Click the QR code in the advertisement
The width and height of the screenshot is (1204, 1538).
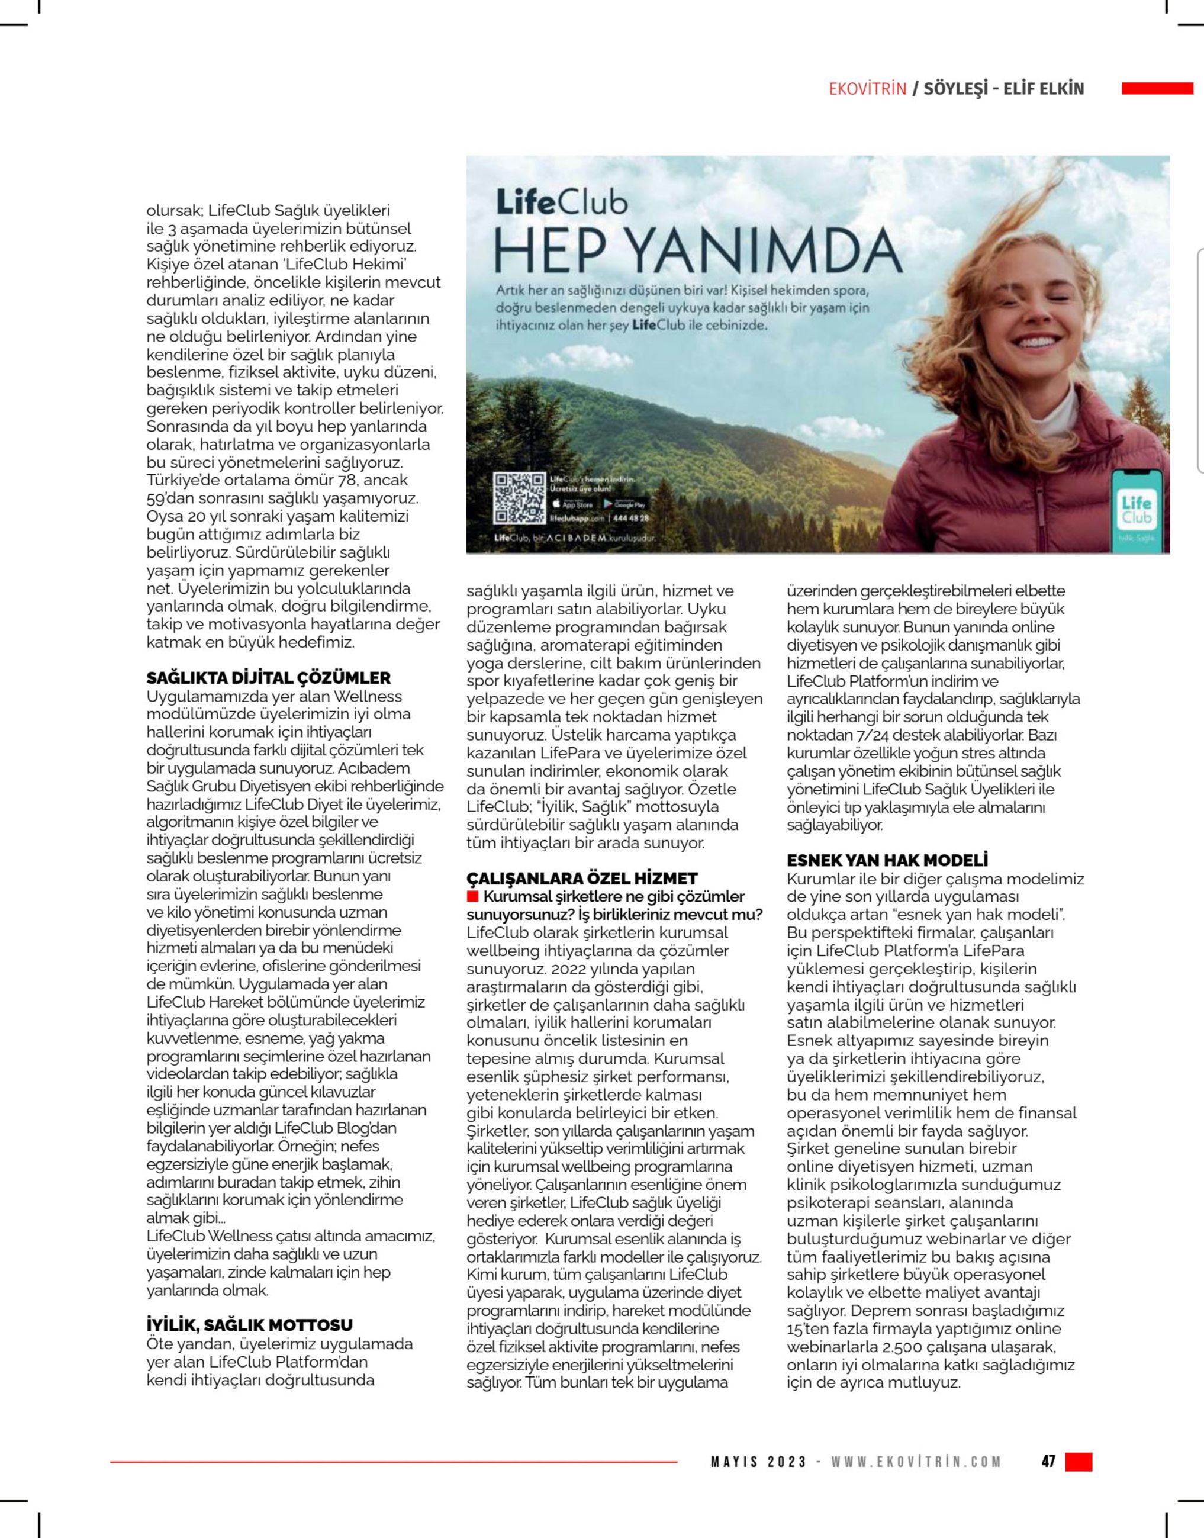520,498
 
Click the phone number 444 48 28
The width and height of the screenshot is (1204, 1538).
632,518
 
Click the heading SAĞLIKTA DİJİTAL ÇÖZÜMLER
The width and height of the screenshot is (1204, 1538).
268,678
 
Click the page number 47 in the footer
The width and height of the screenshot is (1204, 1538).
1048,1461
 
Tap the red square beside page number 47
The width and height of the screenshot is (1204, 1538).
1079,1461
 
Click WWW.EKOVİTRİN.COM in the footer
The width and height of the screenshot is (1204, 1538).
916,1462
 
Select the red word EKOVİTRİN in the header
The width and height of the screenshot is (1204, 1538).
867,89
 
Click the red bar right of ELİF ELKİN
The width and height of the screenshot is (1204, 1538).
1157,89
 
